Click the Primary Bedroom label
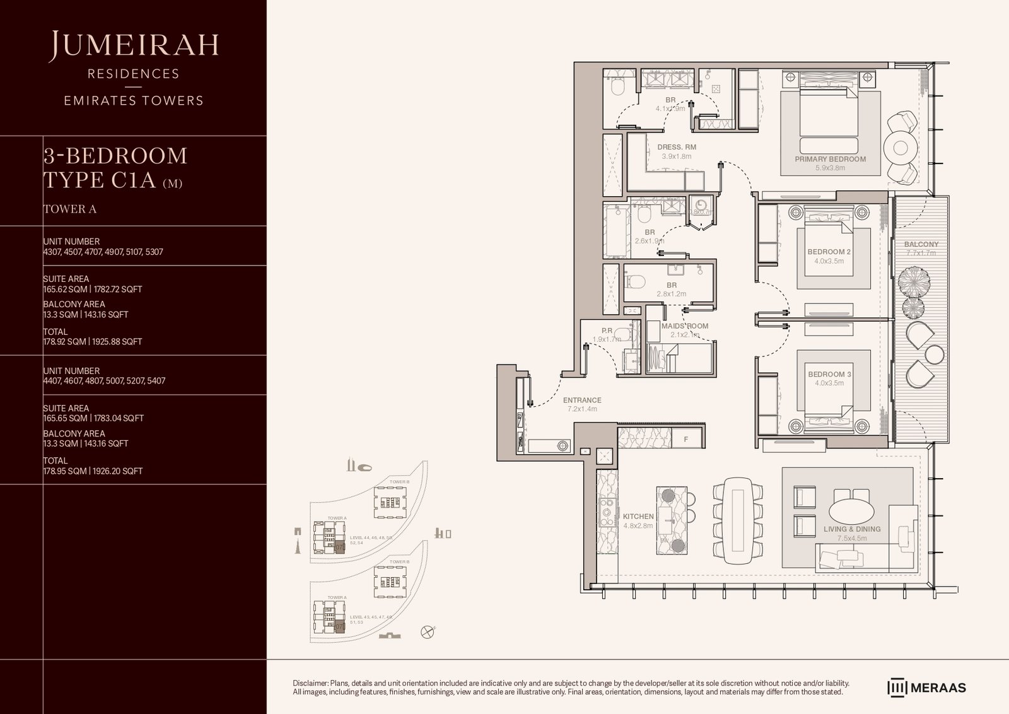tap(830, 159)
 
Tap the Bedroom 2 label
tap(829, 252)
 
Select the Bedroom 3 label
tap(829, 374)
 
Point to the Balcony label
tap(921, 244)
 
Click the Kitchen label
tap(638, 516)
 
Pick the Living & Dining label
tap(851, 529)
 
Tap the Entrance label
tap(581, 400)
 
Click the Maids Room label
tap(684, 326)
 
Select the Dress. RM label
tap(676, 147)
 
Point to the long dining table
tap(738, 521)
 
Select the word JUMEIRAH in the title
tap(134, 45)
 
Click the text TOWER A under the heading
tap(69, 209)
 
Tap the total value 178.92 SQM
tap(64, 341)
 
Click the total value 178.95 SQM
tap(64, 471)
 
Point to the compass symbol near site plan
tap(429, 631)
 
